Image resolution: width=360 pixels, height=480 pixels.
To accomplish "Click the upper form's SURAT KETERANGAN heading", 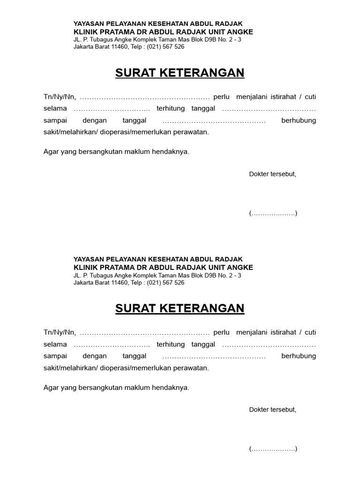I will point(180,73).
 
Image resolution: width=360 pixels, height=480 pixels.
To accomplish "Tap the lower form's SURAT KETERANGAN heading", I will point(180,308).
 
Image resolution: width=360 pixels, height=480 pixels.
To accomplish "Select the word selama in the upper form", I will point(55,109).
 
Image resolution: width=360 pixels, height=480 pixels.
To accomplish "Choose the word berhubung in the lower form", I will point(299,356).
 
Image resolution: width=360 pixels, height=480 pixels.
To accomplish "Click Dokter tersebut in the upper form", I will point(273,174).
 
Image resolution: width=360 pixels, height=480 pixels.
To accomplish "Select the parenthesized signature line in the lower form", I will point(273,449).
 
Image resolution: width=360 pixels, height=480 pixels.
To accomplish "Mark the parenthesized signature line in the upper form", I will point(273,214).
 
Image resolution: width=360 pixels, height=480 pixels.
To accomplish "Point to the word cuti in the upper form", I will point(310,97).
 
